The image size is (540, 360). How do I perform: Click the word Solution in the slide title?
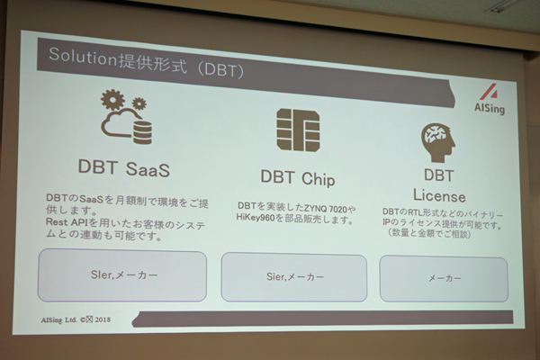pos(83,58)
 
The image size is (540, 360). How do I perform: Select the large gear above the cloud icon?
pos(112,100)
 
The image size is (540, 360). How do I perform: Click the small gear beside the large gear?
pos(139,103)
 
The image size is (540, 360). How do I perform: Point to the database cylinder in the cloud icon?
pos(142,130)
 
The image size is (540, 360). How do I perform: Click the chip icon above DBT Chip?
pos(298,130)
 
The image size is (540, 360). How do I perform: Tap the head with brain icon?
pos(438,143)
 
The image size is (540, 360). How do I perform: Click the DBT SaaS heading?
pos(124,167)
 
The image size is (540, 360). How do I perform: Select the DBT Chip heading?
pos(298,178)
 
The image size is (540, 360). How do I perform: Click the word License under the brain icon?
pos(439,196)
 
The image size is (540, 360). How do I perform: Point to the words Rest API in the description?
pos(67,222)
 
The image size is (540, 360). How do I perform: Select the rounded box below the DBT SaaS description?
pos(122,274)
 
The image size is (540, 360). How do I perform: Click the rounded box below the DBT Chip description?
pos(294,277)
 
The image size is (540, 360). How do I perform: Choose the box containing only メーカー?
pos(444,279)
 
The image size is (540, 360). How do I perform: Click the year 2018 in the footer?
pos(103,319)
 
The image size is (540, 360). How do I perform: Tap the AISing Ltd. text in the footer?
pos(58,319)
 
